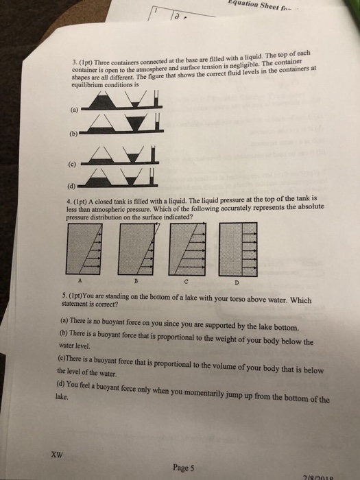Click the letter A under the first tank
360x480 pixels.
[82, 280]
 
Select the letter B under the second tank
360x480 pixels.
[136, 280]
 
